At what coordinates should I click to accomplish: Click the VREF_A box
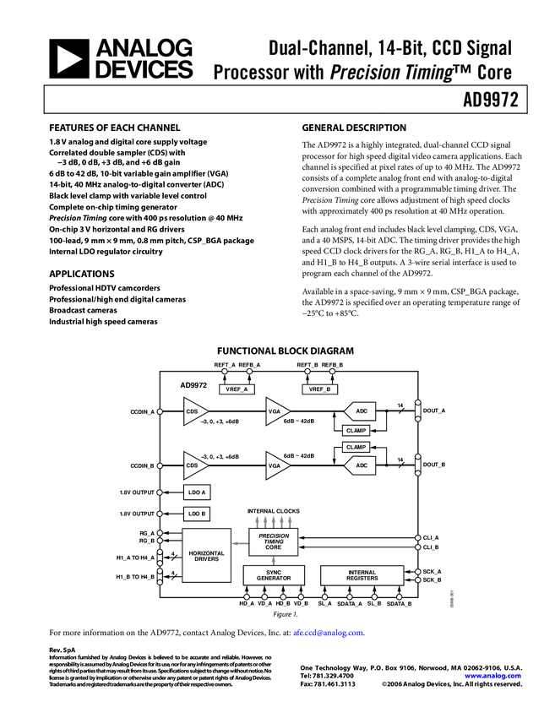pos(237,389)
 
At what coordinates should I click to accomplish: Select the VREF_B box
pos(319,389)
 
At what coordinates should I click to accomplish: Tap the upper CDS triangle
pos(193,411)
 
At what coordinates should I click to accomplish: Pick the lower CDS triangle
pos(193,465)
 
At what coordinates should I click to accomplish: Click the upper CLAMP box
pos(356,431)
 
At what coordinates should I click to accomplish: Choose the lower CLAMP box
pos(356,448)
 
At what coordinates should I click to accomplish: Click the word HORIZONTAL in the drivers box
pos(206,553)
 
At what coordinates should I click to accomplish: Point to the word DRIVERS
pos(206,559)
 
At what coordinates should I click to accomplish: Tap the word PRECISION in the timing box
pos(273,536)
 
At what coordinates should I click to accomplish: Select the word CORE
pos(273,547)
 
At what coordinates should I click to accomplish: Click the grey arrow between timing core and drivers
pos(240,544)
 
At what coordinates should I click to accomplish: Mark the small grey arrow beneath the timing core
pos(273,561)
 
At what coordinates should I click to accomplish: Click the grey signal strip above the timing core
pos(273,519)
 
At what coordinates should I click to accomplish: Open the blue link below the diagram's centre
pos(328,633)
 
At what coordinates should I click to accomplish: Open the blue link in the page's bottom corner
pos(492,677)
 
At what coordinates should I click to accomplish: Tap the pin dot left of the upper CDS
pos(160,411)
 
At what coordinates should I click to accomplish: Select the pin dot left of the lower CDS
pos(160,465)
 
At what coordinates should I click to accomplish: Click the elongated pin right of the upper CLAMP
pos(417,411)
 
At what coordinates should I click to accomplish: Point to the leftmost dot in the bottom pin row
pos(247,597)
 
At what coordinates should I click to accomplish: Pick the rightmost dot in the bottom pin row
pos(399,597)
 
